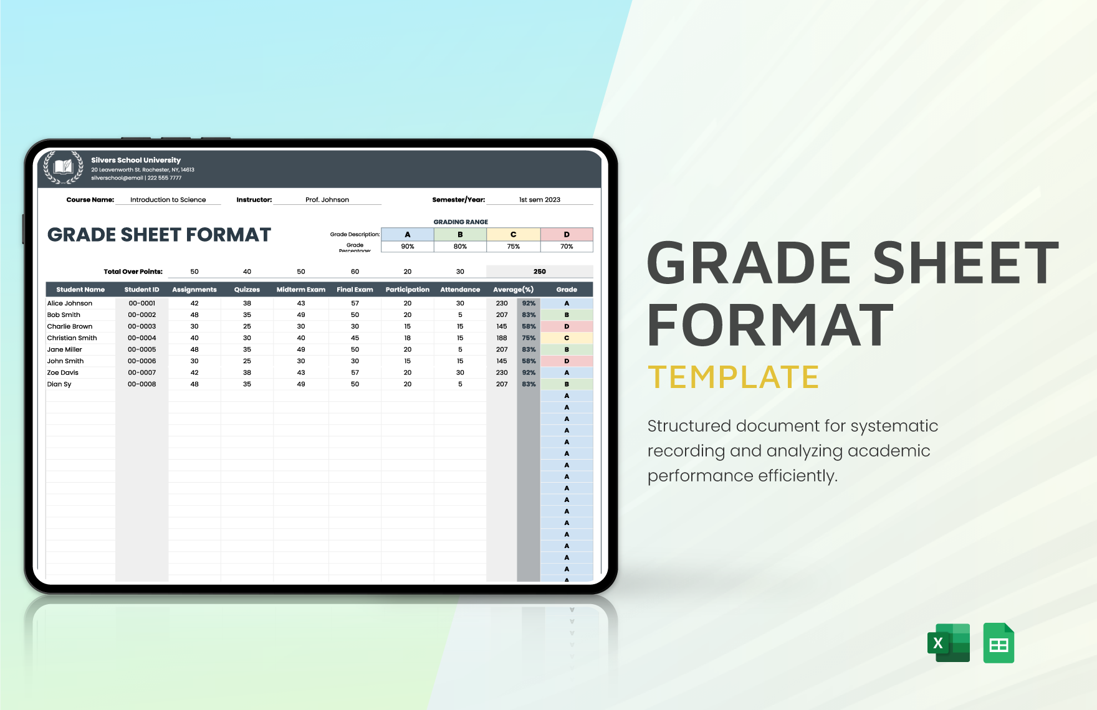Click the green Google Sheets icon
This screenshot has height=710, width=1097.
[x=999, y=643]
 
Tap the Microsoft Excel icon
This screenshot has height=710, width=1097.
[x=948, y=643]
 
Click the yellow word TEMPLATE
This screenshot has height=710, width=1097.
[x=733, y=377]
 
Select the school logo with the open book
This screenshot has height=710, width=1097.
[x=63, y=167]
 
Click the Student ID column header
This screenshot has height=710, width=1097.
[x=141, y=290]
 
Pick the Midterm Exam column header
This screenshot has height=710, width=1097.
[x=301, y=290]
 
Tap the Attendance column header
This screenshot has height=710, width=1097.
[x=460, y=290]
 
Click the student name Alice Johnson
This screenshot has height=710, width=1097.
[x=70, y=303]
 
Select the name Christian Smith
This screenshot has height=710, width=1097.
[x=72, y=338]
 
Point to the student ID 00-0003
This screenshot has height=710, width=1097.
[x=142, y=326]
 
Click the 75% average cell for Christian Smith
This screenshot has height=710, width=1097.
[x=529, y=338]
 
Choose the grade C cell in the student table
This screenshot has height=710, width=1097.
[x=567, y=338]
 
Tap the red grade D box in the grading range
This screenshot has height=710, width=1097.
[x=567, y=235]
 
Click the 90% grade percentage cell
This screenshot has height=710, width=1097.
[x=408, y=247]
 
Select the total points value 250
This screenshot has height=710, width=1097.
[x=540, y=272]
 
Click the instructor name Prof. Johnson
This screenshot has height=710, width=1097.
[x=327, y=200]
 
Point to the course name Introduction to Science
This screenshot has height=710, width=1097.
[x=168, y=200]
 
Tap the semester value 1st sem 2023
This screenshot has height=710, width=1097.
[x=540, y=200]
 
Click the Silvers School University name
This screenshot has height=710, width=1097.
[x=136, y=160]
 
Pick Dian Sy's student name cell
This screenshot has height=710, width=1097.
[x=60, y=384]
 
